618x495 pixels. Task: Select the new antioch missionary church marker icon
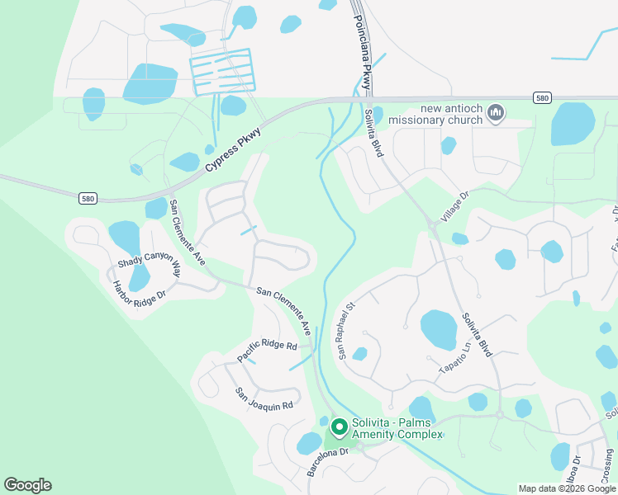click(x=496, y=112)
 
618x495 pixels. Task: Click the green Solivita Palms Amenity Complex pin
click(x=339, y=427)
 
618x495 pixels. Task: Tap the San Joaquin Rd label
click(x=264, y=399)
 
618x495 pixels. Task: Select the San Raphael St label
click(x=345, y=329)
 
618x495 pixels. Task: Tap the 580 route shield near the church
click(x=541, y=98)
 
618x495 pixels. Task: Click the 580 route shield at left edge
click(x=88, y=198)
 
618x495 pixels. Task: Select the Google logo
click(x=27, y=485)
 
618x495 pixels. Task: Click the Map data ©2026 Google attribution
click(x=566, y=488)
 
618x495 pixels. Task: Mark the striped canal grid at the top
click(x=221, y=71)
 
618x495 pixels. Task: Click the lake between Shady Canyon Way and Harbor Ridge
click(x=139, y=278)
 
